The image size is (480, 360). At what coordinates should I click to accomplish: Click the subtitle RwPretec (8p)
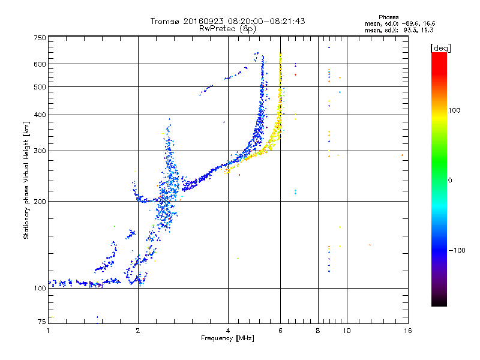229,28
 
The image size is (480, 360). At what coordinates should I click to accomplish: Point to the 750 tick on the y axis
40,38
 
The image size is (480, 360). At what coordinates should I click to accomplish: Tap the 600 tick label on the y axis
40,64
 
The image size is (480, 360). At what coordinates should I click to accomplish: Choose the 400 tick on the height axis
40,115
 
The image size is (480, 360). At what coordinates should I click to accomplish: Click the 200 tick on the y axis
40,201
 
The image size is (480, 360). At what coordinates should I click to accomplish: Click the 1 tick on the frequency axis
48,330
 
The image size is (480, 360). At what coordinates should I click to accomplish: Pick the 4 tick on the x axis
228,330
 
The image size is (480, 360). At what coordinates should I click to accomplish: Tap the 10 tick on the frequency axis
346,330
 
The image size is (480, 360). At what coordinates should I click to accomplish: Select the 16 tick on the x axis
407,330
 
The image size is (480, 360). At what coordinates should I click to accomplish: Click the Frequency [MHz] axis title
228,338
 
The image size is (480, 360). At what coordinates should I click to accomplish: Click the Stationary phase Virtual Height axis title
26,180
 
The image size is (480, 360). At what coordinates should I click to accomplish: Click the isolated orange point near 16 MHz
402,155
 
